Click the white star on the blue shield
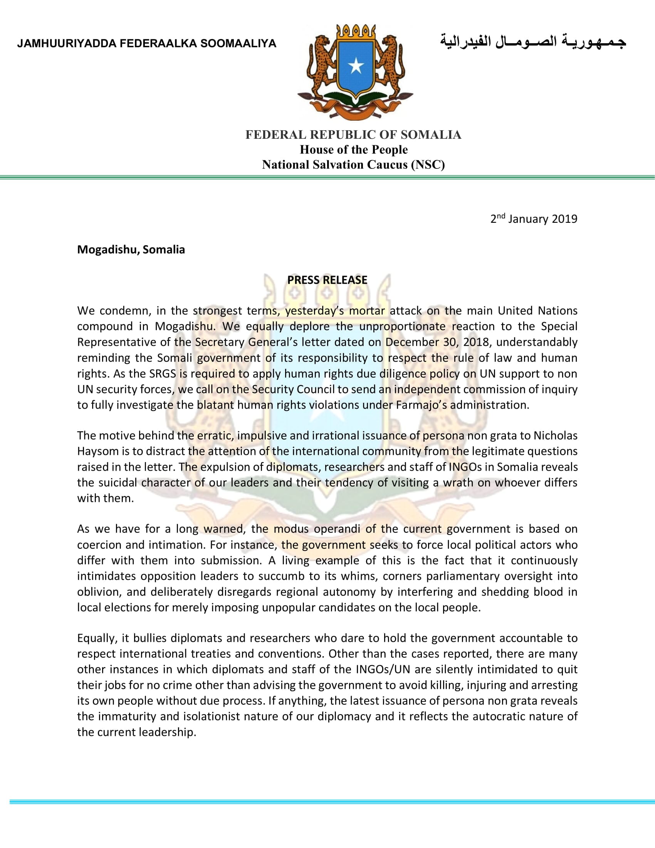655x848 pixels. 356,67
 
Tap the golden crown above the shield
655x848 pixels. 356,32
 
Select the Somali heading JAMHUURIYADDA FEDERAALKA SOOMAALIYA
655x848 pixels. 147,44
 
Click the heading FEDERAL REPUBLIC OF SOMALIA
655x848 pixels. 353,135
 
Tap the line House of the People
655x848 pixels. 353,150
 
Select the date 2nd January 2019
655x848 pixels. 534,219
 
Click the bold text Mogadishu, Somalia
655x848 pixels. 131,249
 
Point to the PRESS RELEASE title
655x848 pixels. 327,280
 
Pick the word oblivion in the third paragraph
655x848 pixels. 99,592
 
